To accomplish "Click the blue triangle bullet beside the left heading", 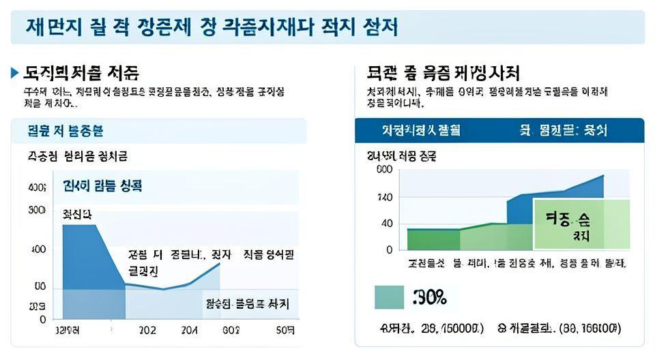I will (15, 72).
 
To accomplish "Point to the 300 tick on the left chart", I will (36, 210).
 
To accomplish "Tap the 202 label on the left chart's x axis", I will (147, 331).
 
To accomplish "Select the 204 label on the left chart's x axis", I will (190, 331).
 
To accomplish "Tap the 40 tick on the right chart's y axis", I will (387, 224).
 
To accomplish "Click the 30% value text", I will (430, 297).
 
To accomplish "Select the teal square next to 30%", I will (389, 297).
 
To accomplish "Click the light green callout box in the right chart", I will (581, 224).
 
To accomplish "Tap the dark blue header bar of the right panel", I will (499, 130).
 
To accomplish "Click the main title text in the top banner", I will (212, 27).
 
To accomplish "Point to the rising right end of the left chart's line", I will (219, 263).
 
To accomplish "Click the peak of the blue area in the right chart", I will (603, 176).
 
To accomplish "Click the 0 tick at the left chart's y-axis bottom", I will (42, 319).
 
